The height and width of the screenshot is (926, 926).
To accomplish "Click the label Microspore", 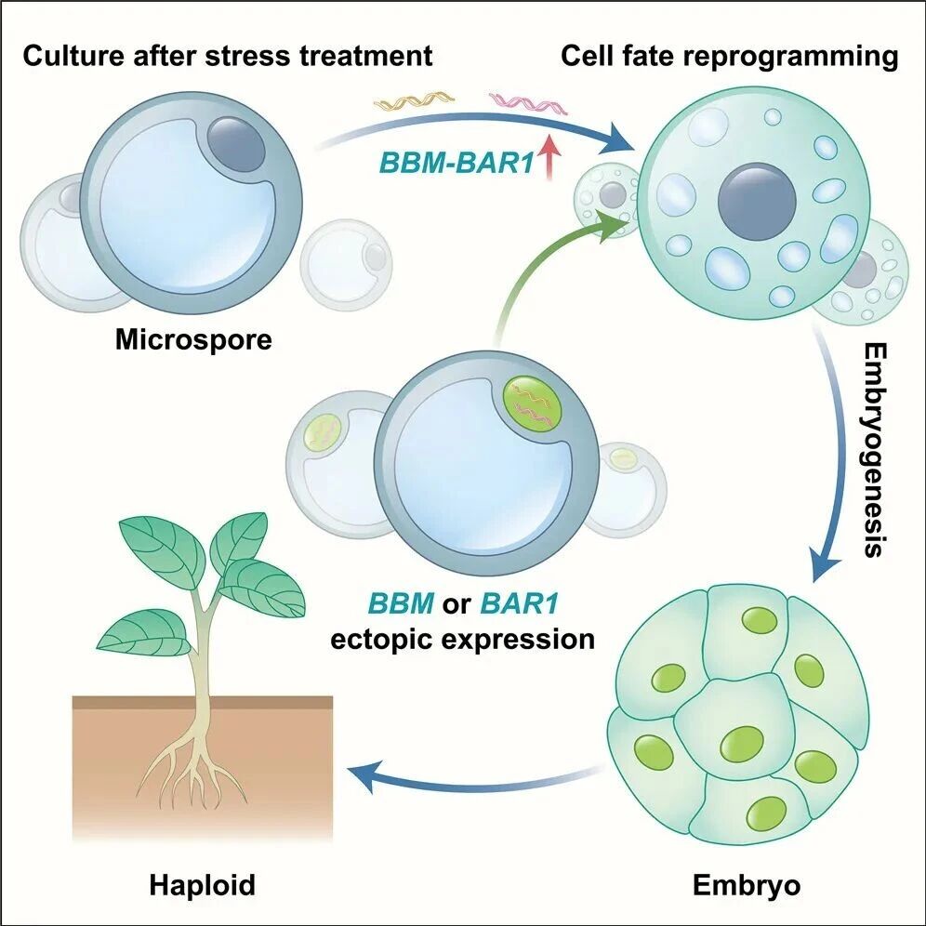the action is coord(193,340).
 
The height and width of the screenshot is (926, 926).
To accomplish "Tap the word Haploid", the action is coord(203,885).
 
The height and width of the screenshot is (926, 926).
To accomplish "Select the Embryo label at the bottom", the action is coord(747,885).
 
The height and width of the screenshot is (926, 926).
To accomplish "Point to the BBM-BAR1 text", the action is coord(456,163).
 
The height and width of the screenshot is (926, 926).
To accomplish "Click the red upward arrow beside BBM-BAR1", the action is coord(549,158).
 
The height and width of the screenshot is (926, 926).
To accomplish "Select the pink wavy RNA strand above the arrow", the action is coord(528,103).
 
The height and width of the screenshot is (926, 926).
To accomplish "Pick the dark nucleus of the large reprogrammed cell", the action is coord(757,201).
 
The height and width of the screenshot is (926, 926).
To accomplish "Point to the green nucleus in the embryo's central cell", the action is coord(741,743).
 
